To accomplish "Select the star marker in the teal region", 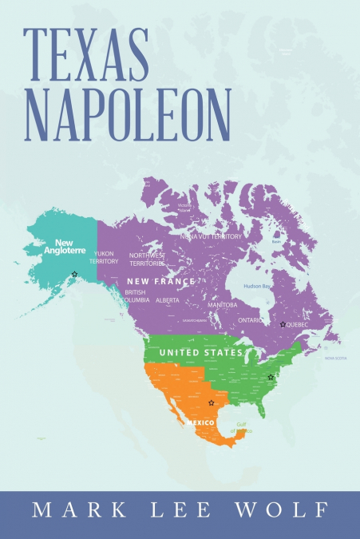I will tap(75, 275).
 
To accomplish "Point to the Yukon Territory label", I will tap(104, 257).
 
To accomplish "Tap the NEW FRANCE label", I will tap(161, 282).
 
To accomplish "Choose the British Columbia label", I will tap(135, 296).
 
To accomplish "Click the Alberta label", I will tap(168, 300).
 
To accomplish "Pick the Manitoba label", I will tap(223, 305).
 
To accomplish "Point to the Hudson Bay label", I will tap(259, 285).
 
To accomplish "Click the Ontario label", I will tap(252, 320).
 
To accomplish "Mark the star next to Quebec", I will tap(283, 324).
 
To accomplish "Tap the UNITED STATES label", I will tap(200, 352).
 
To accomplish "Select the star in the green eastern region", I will tap(271, 377).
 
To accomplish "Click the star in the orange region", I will tap(211, 403).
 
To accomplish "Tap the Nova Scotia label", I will tap(334, 359).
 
